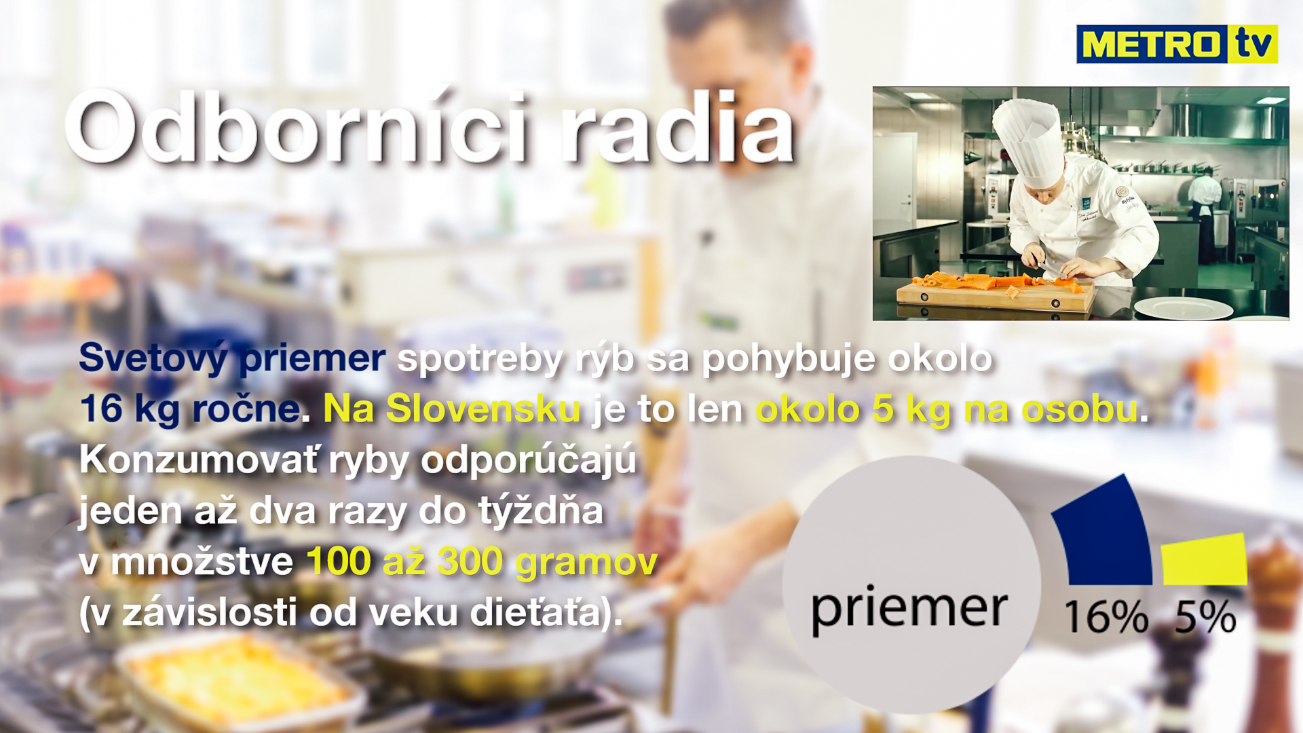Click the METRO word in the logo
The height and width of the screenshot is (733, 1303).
click(1152, 45)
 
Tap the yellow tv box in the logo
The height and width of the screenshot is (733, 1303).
click(1253, 44)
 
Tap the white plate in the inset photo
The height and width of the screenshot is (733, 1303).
click(1183, 309)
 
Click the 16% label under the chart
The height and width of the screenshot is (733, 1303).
click(1106, 617)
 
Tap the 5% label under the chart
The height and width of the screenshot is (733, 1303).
click(1205, 617)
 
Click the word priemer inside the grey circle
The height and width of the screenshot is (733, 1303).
click(909, 609)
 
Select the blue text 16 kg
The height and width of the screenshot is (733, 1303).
click(130, 409)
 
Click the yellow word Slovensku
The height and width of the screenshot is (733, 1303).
click(483, 409)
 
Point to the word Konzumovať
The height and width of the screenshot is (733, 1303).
click(198, 460)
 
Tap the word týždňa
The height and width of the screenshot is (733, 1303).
click(541, 510)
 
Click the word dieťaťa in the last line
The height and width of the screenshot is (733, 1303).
click(536, 613)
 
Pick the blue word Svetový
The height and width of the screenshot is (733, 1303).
click(153, 359)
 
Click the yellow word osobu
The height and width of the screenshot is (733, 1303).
click(1080, 409)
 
